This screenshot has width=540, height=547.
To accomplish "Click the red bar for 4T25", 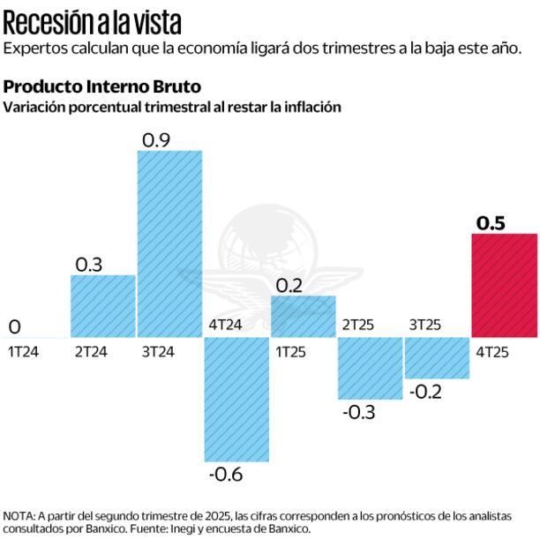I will pos(505,285).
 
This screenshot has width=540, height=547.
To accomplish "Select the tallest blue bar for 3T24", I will pos(169,244).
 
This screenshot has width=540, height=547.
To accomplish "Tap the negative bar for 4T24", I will pos(236,399).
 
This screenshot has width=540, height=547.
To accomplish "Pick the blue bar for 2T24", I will pos(103,306).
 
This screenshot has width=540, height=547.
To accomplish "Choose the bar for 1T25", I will pos(304,316).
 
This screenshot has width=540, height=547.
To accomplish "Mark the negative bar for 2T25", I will pos(371,368).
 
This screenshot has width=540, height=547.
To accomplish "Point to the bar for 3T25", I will pos(437,357).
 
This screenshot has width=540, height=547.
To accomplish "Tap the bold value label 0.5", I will pos(491,223).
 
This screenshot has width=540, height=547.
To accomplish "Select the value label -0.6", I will pos(225,475).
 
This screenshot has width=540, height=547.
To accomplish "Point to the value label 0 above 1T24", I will pos(14,327).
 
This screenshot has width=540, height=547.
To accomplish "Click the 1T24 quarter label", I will pos(25,351).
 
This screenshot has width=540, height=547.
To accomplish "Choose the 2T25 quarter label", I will pos(358,325).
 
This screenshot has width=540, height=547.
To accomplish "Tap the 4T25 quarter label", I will pos(492,351).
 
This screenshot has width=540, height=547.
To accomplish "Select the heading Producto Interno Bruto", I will pos(102,87).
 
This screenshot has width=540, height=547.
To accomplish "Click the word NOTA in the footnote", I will pos(19,516).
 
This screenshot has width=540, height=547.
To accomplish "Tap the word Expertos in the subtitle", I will pos(32,48).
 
